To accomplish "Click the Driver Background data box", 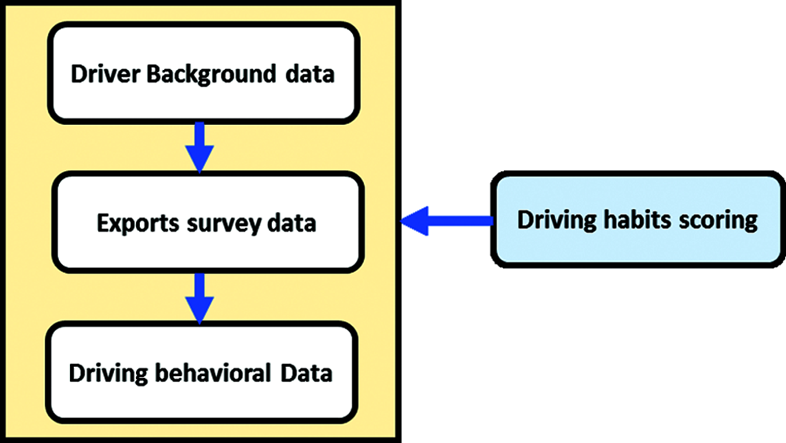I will click(x=202, y=73).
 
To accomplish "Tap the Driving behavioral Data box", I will click(x=201, y=372).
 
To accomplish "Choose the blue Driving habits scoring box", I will click(x=637, y=221).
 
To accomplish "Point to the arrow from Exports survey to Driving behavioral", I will click(x=200, y=298).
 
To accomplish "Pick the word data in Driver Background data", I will click(x=308, y=75).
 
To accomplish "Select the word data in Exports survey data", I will click(x=291, y=223).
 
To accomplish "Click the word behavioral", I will click(x=211, y=372).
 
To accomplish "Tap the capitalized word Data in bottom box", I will click(x=307, y=372).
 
